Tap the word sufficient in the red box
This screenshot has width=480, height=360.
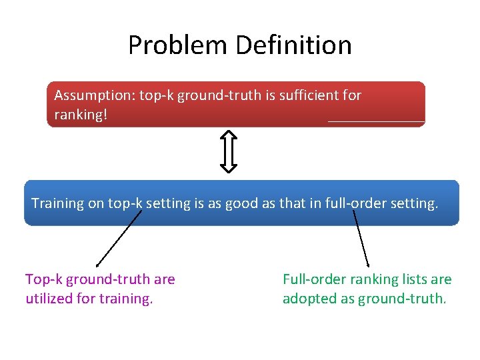click(x=306, y=95)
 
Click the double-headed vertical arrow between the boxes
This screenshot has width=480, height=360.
click(x=229, y=151)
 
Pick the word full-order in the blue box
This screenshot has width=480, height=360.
click(x=357, y=203)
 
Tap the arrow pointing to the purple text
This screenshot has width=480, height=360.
click(x=119, y=239)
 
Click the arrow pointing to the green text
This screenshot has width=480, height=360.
click(x=361, y=239)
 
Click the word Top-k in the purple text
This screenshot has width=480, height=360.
click(x=43, y=279)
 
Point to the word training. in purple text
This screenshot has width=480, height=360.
click(x=126, y=299)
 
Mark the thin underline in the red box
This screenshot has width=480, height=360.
click(x=376, y=122)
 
